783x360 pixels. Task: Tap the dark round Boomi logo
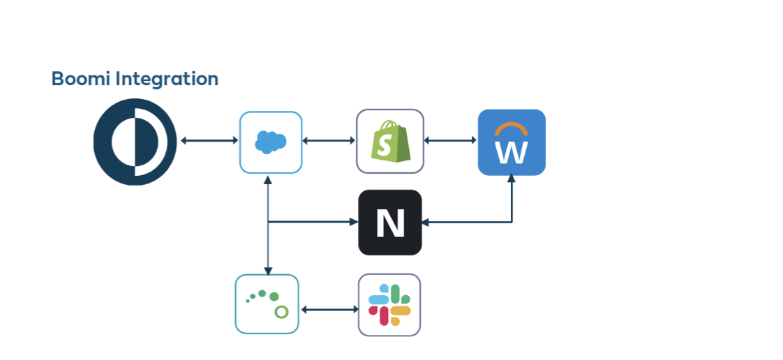pyautogui.click(x=135, y=142)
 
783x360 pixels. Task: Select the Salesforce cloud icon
pyautogui.click(x=271, y=142)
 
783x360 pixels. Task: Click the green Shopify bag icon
pyautogui.click(x=390, y=142)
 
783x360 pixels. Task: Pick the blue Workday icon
pyautogui.click(x=512, y=142)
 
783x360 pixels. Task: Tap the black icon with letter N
pyautogui.click(x=390, y=223)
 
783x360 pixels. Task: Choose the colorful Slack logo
pyautogui.click(x=389, y=305)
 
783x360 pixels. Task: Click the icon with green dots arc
pyautogui.click(x=267, y=304)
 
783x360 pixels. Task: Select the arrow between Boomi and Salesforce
pyautogui.click(x=209, y=141)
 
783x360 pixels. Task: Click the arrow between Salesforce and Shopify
pyautogui.click(x=329, y=141)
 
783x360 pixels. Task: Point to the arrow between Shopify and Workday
pyautogui.click(x=451, y=141)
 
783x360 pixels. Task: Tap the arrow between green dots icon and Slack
pyautogui.click(x=329, y=308)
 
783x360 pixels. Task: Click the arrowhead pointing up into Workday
pyautogui.click(x=512, y=179)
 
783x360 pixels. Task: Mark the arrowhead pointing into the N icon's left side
pyautogui.click(x=353, y=222)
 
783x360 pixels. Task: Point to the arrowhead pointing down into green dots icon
pyautogui.click(x=268, y=270)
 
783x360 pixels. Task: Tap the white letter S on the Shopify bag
pyautogui.click(x=385, y=145)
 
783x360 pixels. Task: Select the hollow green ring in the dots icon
pyautogui.click(x=281, y=311)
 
